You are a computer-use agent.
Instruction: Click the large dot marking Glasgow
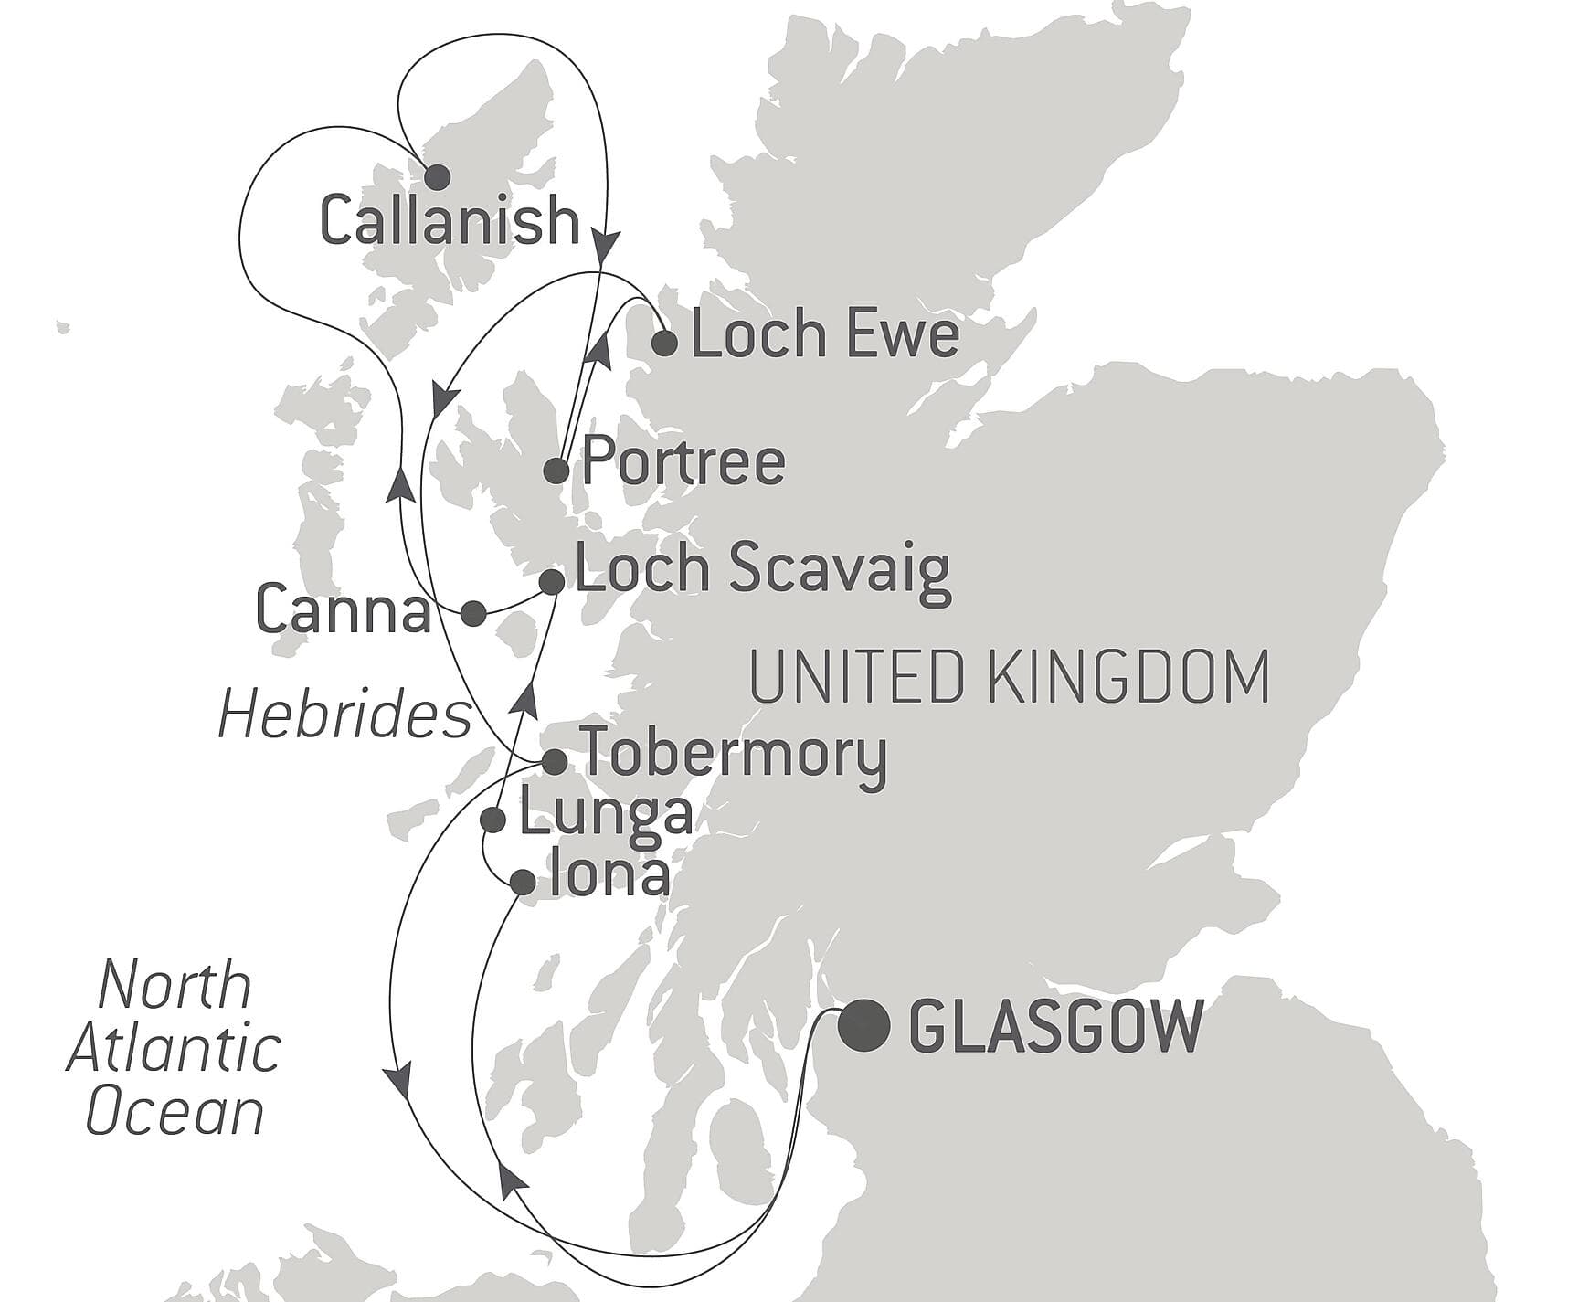[864, 1026]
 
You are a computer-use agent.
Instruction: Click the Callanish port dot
[438, 176]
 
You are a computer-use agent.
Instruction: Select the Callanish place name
[450, 222]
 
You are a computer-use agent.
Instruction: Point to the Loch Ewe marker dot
[664, 344]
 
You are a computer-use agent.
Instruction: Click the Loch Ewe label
[824, 334]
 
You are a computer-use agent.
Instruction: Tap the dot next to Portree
[556, 471]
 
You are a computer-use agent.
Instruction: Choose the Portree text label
[683, 461]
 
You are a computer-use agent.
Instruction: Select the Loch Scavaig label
[763, 570]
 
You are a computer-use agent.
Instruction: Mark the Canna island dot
[472, 613]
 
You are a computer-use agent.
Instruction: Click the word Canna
[344, 610]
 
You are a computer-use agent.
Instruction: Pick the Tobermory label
[734, 754]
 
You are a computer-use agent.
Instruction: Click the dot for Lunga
[493, 820]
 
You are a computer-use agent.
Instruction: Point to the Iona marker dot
[522, 882]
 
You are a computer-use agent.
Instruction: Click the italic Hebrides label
[344, 715]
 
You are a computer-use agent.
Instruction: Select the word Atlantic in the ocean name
[174, 1049]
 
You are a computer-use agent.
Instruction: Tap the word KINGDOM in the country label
[1128, 677]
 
